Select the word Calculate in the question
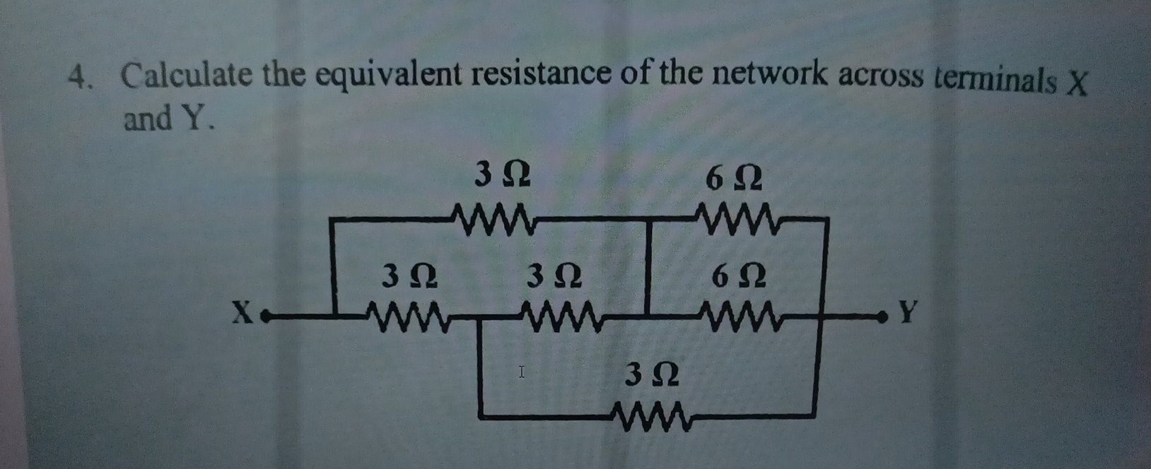coord(185,76)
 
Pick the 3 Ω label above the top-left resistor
coord(503,174)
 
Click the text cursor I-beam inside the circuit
coord(522,371)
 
